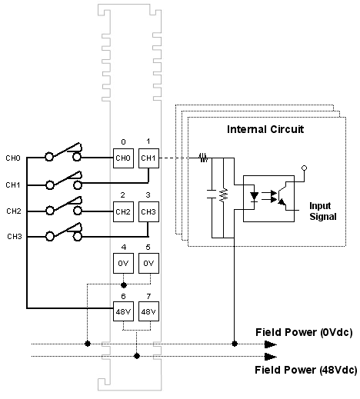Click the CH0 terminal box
click(123, 158)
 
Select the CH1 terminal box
click(148, 158)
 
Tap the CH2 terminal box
click(123, 211)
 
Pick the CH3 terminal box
click(148, 211)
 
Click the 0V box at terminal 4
click(123, 264)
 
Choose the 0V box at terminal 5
click(148, 264)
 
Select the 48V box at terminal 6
click(123, 311)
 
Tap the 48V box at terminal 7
click(148, 311)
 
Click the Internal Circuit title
click(265, 129)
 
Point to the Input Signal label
click(323, 211)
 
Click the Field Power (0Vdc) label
click(304, 332)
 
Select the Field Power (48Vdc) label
click(306, 370)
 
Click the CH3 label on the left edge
click(15, 236)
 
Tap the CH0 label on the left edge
click(13, 158)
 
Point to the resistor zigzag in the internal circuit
click(224, 195)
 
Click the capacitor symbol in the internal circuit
click(212, 195)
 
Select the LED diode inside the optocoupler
click(255, 197)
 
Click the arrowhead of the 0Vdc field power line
click(271, 344)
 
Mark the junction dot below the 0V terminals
click(124, 284)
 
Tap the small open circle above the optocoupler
click(304, 168)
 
